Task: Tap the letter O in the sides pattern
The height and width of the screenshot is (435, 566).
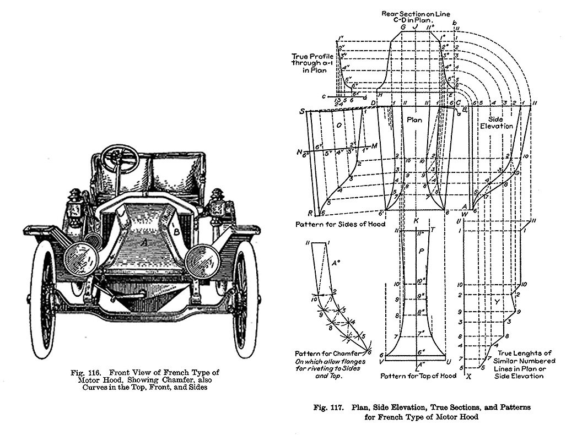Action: point(339,125)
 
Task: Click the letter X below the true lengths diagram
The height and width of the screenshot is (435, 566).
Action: point(469,377)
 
